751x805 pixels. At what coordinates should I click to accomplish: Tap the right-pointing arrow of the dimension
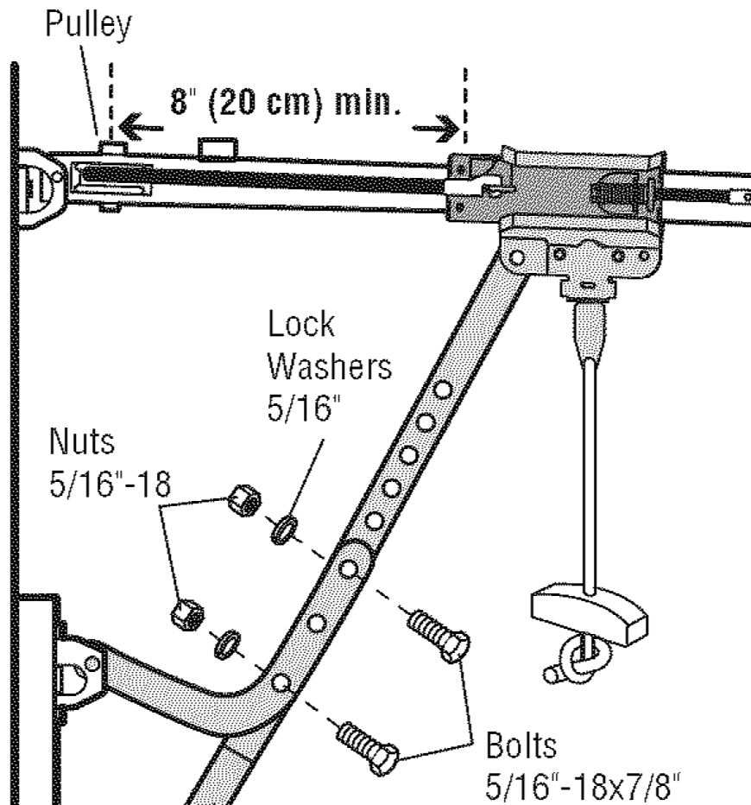435,130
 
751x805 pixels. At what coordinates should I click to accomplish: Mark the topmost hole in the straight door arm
441,391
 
